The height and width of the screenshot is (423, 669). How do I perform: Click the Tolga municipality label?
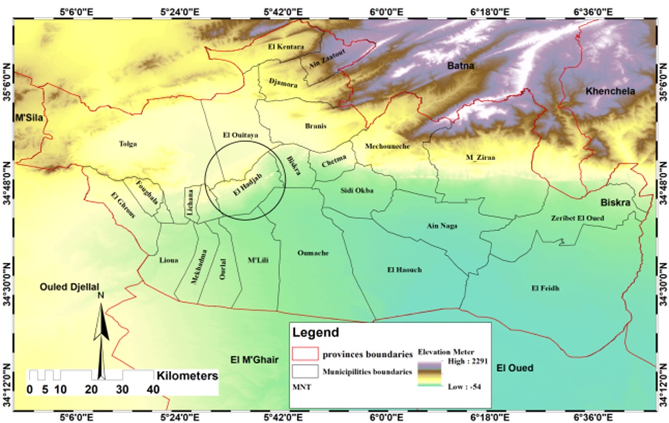coord(128,144)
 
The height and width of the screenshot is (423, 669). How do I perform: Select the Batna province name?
coord(461,65)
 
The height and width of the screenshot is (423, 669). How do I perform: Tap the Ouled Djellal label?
coord(69,287)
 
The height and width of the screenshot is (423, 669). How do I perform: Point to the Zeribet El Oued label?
coord(577,218)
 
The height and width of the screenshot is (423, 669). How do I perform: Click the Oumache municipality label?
coord(313,253)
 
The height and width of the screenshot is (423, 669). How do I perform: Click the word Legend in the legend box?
coord(316,332)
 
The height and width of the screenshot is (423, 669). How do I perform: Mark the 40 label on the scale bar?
coord(153,389)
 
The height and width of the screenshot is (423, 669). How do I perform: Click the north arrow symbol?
coord(102,337)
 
